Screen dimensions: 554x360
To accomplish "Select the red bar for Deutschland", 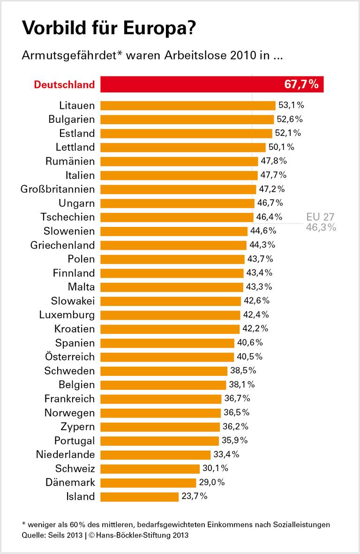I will pos(211,84).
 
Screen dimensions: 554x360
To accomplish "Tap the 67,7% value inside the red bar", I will pos(301,85).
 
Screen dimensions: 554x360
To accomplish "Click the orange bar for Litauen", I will pos(187,105).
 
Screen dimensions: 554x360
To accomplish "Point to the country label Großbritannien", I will pos(58,189).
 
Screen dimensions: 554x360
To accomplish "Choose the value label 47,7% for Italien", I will pos(273,175).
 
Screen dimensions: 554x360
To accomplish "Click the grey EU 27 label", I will pos(321,217).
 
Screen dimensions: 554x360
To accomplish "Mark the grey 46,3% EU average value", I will pos(321,228).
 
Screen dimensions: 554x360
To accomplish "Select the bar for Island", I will pos(139,496).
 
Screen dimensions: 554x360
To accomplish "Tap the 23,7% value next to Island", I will pos(194,496).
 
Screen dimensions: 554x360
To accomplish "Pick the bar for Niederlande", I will pos(155,454).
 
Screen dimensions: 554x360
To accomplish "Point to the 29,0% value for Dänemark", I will pos(211,482).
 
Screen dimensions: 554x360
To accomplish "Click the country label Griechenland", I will pos(62,245).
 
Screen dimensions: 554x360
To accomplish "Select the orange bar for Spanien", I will pos(167,343).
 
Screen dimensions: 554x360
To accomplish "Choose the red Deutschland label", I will pos(64,85).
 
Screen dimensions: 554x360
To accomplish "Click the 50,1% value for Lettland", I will pos(281,147).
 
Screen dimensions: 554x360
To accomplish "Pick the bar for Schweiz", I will pos(150,468).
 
